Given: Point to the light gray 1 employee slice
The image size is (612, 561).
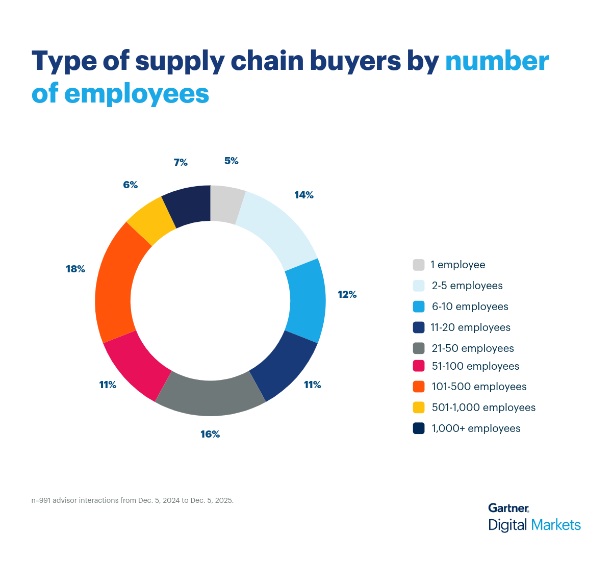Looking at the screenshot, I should [226, 204].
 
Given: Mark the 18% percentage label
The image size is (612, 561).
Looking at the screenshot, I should [75, 269].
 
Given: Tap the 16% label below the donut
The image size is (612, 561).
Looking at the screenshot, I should [210, 434].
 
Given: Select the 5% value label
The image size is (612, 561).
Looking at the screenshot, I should [231, 161].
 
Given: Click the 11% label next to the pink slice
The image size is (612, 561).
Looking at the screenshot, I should [108, 385].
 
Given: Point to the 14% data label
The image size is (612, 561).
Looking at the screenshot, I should [304, 195].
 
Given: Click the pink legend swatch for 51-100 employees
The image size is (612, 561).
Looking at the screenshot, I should [419, 366].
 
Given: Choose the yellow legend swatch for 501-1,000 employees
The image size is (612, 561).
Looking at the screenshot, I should [419, 407].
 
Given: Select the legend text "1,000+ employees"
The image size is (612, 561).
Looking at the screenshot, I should [476, 428].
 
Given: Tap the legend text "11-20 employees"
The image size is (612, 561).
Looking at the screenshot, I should [470, 327].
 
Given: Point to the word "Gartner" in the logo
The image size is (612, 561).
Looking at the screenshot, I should [508, 508].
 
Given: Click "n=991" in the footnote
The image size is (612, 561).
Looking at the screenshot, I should [41, 500].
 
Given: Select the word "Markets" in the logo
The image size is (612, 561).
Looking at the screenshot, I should [556, 525].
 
